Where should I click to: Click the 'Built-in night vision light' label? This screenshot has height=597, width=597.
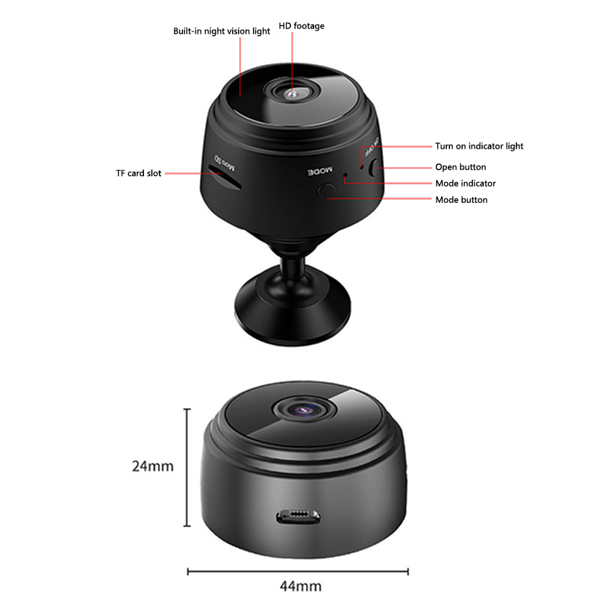221,31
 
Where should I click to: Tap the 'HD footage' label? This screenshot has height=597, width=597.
301,26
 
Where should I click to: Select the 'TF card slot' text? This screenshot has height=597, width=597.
139,173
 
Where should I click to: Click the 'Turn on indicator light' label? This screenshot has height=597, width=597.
479,146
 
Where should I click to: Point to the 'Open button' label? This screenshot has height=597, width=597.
460,167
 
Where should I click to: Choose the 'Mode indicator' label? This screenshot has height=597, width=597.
465,184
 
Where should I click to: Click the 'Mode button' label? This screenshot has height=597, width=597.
461,200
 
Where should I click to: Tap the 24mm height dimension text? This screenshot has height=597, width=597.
153,466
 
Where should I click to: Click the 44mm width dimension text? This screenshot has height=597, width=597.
301,586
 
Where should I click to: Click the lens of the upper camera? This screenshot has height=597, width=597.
292,93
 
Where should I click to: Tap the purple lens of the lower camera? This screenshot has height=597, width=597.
304,410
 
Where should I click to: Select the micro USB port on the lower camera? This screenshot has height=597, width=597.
298,516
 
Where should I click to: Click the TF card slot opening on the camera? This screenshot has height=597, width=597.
224,177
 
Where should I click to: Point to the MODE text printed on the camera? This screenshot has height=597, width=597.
320,172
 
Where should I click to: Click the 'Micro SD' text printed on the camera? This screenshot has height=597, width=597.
225,162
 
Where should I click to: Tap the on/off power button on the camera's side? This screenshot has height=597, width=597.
374,167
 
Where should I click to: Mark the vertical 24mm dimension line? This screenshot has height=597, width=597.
187,468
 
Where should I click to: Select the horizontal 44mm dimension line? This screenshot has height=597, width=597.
298,572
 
